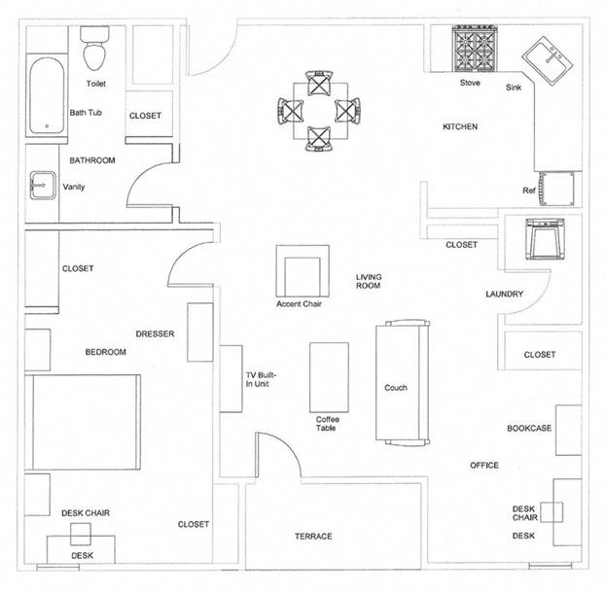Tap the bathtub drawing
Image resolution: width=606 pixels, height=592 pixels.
(x=46, y=97)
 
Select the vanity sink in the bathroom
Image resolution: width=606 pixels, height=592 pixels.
(x=42, y=186)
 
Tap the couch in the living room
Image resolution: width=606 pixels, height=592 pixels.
(x=402, y=382)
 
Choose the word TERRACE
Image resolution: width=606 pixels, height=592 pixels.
(x=313, y=537)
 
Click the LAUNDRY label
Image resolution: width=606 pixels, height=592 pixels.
(x=505, y=294)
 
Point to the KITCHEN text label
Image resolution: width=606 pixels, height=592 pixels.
(x=460, y=127)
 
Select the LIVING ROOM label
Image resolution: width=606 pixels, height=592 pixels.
(x=368, y=282)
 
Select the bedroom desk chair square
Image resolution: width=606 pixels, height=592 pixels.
(x=80, y=532)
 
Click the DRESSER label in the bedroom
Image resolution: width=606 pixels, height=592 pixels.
(x=155, y=333)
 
